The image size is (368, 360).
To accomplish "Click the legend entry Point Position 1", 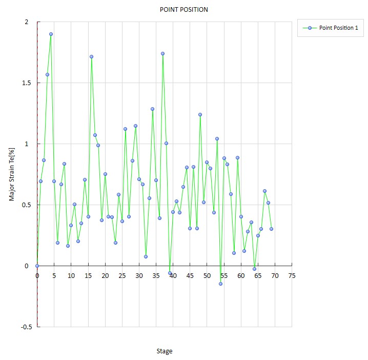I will point(338,28).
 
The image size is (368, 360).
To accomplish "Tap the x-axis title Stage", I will point(164,351).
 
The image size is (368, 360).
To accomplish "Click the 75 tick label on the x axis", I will point(292,276).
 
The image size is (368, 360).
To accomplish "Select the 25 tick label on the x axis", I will point(122,276).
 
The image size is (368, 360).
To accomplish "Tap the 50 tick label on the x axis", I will point(207,276).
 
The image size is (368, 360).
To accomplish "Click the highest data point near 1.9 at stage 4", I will point(51,34).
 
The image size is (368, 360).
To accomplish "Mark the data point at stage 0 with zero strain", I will point(37,266).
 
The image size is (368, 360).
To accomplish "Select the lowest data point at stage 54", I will point(220,284).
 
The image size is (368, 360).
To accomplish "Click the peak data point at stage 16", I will point(91,57).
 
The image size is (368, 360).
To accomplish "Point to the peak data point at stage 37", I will point(162,53).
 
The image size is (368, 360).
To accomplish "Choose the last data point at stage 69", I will point(271,229).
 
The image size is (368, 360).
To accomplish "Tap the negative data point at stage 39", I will point(170,273).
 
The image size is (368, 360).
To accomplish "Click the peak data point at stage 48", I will point(200,114).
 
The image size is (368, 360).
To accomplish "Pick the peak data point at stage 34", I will point(152,109).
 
